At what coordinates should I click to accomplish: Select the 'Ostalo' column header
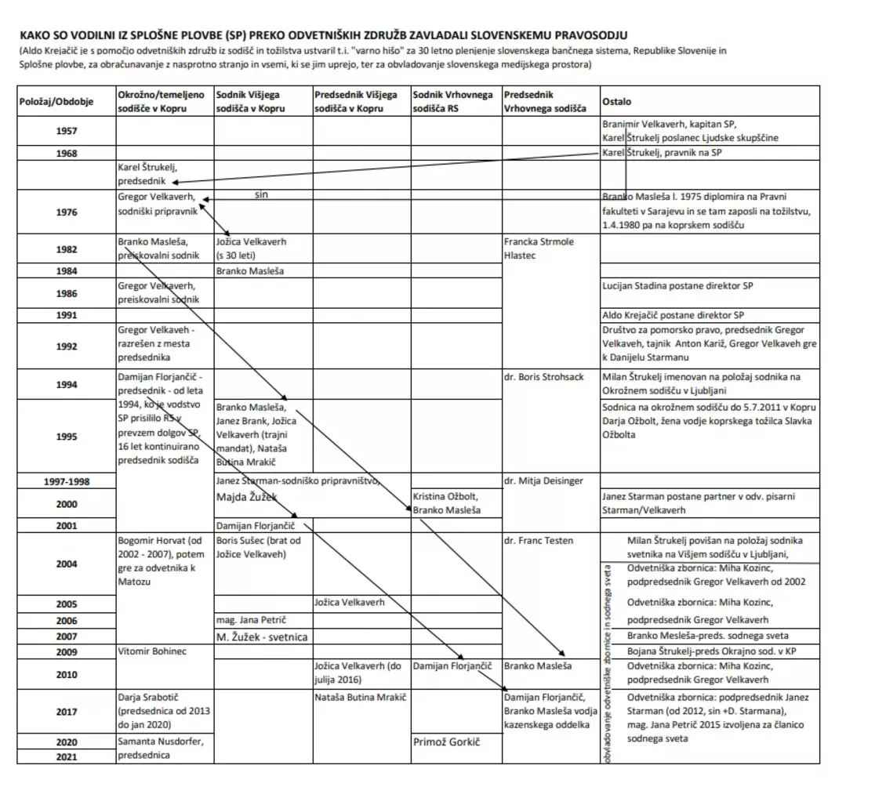click(x=615, y=102)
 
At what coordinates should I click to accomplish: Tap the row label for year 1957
click(x=67, y=131)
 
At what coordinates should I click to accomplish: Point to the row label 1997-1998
click(x=67, y=481)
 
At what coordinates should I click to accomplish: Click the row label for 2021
click(x=67, y=756)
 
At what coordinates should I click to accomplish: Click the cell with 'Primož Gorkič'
click(x=446, y=741)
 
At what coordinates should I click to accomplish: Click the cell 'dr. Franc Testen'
click(x=538, y=540)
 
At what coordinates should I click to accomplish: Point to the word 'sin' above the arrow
click(x=262, y=194)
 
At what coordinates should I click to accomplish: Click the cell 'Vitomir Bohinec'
click(x=152, y=651)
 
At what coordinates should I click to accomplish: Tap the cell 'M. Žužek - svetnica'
click(x=262, y=637)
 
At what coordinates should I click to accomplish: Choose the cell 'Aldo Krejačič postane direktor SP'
click(x=674, y=315)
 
